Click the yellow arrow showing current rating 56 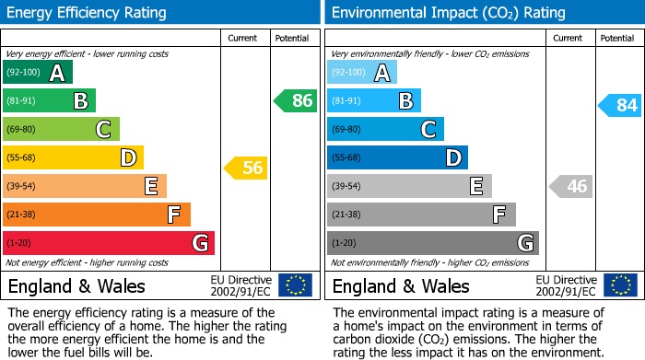[x=245, y=168]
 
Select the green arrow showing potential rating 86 [x=296, y=101]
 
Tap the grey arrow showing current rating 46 [x=569, y=187]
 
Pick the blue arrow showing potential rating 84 [x=619, y=106]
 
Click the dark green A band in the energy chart [x=38, y=73]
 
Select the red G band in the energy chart [x=109, y=243]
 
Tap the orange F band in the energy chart [x=97, y=215]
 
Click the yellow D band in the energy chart [x=73, y=158]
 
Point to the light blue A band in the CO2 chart [x=362, y=73]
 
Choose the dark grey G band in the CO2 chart [x=432, y=243]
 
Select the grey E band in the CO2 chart [x=409, y=186]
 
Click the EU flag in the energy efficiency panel [x=295, y=285]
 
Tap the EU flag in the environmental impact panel [x=619, y=285]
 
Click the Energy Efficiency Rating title [x=88, y=13]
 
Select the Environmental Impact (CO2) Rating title [x=448, y=13]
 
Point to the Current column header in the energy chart [x=244, y=38]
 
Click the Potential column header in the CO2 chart [x=616, y=38]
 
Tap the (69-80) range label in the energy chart [x=23, y=130]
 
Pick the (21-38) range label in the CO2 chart [x=348, y=215]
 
